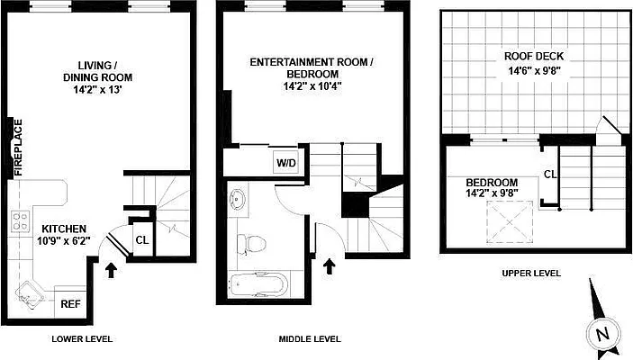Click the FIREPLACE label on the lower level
pos(17,147)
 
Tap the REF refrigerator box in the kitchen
pos(69,303)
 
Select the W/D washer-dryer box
pos(285,164)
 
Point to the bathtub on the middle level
pos(259,286)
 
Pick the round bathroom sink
pos(240,200)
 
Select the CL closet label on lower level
pos(141,239)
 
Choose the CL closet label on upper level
pos(549,175)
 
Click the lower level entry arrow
pos(111,270)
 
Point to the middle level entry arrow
pos(329,266)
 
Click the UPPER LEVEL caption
pos(530,273)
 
